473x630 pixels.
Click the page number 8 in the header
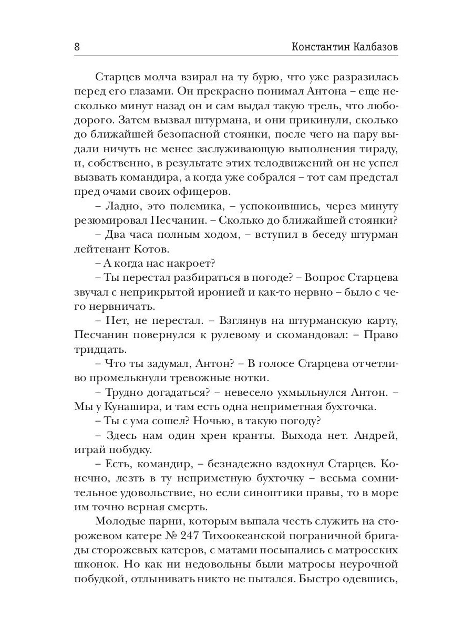[77, 47]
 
